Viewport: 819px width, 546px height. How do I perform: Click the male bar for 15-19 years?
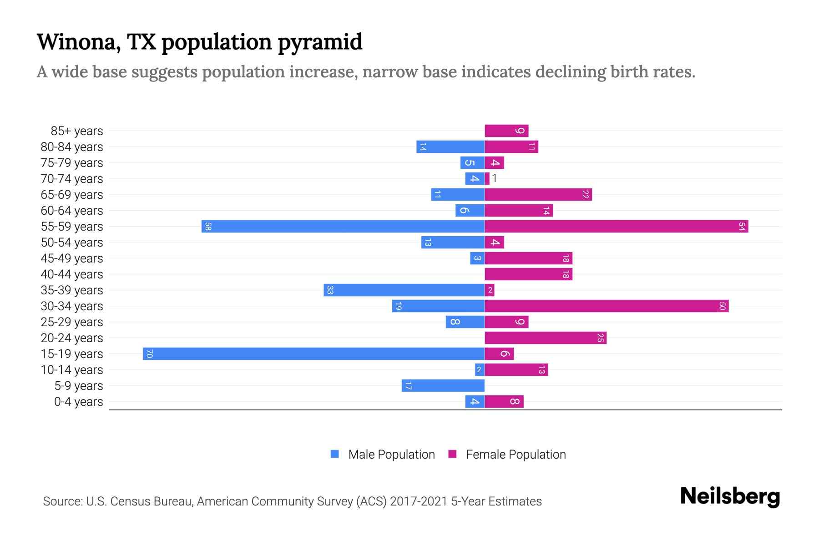pyautogui.click(x=314, y=354)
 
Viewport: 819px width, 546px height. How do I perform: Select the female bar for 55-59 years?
pyautogui.click(x=617, y=226)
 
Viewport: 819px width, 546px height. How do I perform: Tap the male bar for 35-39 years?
pyautogui.click(x=404, y=290)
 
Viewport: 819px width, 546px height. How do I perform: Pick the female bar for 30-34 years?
pyautogui.click(x=607, y=306)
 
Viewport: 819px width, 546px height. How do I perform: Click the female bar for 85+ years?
pyautogui.click(x=506, y=131)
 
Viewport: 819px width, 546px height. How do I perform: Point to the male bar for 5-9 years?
pyautogui.click(x=443, y=385)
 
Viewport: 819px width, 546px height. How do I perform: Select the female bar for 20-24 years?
pyautogui.click(x=546, y=338)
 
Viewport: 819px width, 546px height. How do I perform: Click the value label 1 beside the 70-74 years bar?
pyautogui.click(x=495, y=178)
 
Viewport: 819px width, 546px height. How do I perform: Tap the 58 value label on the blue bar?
pyautogui.click(x=208, y=226)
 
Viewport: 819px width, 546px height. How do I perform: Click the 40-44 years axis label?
pyautogui.click(x=72, y=274)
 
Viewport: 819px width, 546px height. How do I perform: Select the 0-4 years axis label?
pyautogui.click(x=78, y=402)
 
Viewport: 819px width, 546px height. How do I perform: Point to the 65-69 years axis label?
pyautogui.click(x=72, y=195)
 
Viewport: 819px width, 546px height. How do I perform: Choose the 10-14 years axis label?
pyautogui.click(x=72, y=370)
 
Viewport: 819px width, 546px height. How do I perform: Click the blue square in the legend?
pyautogui.click(x=335, y=454)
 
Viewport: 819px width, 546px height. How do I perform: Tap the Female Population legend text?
pyautogui.click(x=516, y=455)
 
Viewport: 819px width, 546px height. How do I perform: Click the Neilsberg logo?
pyautogui.click(x=730, y=496)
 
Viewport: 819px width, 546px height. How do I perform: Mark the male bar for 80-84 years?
pyautogui.click(x=450, y=147)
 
